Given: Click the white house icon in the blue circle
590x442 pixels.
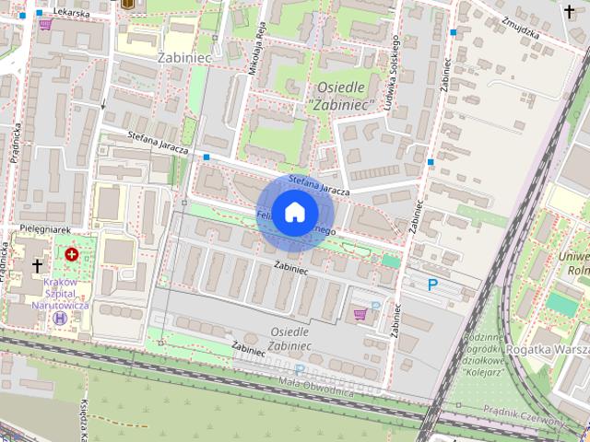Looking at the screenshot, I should click(x=293, y=212).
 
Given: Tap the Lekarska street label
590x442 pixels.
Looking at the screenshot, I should click(x=70, y=13).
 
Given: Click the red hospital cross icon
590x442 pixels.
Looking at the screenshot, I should click(x=71, y=252).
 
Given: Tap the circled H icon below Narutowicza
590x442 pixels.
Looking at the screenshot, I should click(x=61, y=317).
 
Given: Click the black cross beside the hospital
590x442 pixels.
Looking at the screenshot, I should click(x=37, y=265).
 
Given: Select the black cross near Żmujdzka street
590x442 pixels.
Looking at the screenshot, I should click(x=569, y=11).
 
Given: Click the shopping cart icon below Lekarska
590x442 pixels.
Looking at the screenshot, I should click(x=44, y=25).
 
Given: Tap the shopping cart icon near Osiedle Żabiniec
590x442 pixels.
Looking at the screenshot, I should click(x=360, y=314).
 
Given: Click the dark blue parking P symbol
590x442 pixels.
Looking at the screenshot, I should click(x=432, y=285).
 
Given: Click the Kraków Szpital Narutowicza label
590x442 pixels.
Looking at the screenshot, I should click(x=59, y=292).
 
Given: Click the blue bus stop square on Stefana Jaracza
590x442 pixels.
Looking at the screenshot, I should click(x=206, y=157).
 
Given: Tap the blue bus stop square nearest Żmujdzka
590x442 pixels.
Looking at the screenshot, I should click(x=453, y=32).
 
